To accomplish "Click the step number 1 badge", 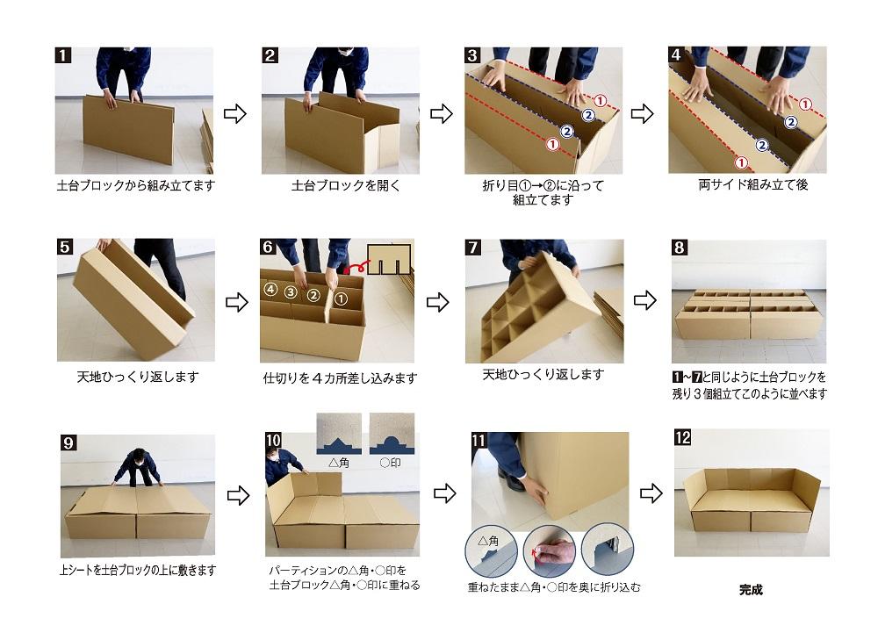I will (63, 55).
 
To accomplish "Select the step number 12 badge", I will (683, 437).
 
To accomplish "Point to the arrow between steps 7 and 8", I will (645, 300).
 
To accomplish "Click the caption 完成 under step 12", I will (751, 590).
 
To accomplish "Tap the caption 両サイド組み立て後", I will (745, 186).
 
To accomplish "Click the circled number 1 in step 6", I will (342, 299).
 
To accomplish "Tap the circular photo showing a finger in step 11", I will (550, 550).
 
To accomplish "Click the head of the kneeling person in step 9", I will (137, 457).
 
